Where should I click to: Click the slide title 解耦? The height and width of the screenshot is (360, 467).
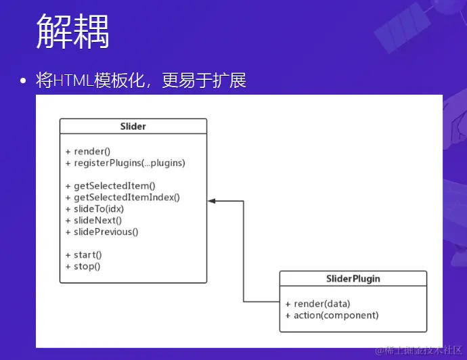click(72, 31)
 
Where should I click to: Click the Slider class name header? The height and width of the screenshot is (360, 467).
click(133, 127)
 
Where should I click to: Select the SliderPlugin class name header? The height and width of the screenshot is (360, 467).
click(353, 279)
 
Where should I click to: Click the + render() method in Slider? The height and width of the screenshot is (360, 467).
click(88, 152)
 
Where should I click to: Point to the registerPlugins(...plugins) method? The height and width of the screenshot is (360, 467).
click(125, 163)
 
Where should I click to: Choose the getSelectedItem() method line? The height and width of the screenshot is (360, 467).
click(110, 186)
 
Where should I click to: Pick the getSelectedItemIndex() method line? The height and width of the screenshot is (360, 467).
click(123, 198)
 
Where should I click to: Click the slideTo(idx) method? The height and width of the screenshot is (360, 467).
click(95, 209)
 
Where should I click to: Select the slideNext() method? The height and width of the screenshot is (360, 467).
click(93, 221)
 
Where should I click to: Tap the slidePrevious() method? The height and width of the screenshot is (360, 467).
click(102, 232)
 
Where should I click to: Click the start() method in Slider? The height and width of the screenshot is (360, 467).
click(83, 255)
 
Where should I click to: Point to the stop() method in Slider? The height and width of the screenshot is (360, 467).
click(83, 267)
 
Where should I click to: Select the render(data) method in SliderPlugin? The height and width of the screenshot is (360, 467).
click(318, 304)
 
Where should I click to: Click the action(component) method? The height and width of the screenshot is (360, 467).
click(332, 315)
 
